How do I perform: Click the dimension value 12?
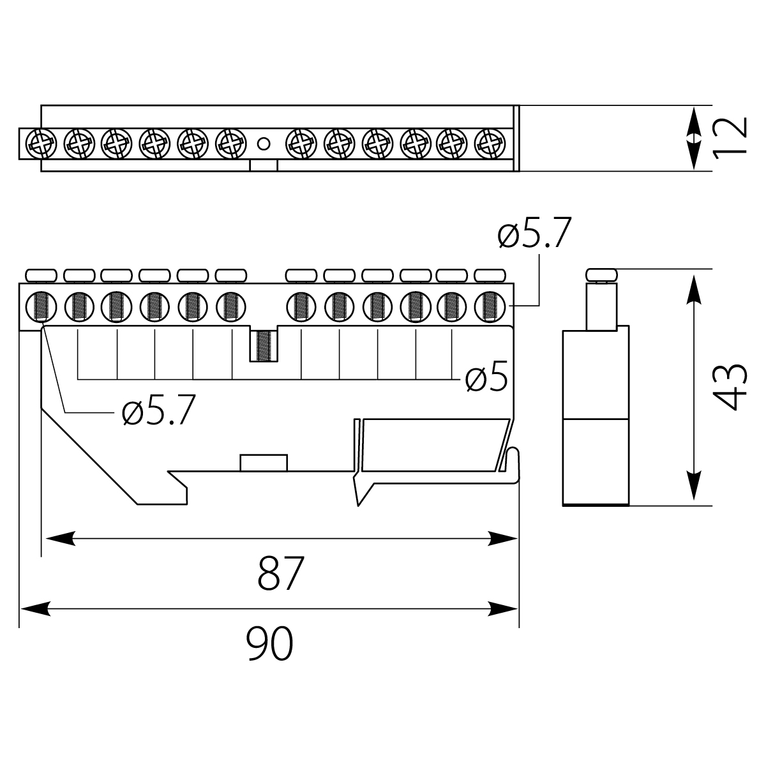(x=729, y=137)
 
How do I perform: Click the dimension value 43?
(x=729, y=387)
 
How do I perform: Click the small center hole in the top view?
(x=262, y=142)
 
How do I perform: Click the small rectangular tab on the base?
(x=263, y=463)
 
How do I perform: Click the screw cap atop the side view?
(x=601, y=275)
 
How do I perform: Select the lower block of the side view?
(x=596, y=461)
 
